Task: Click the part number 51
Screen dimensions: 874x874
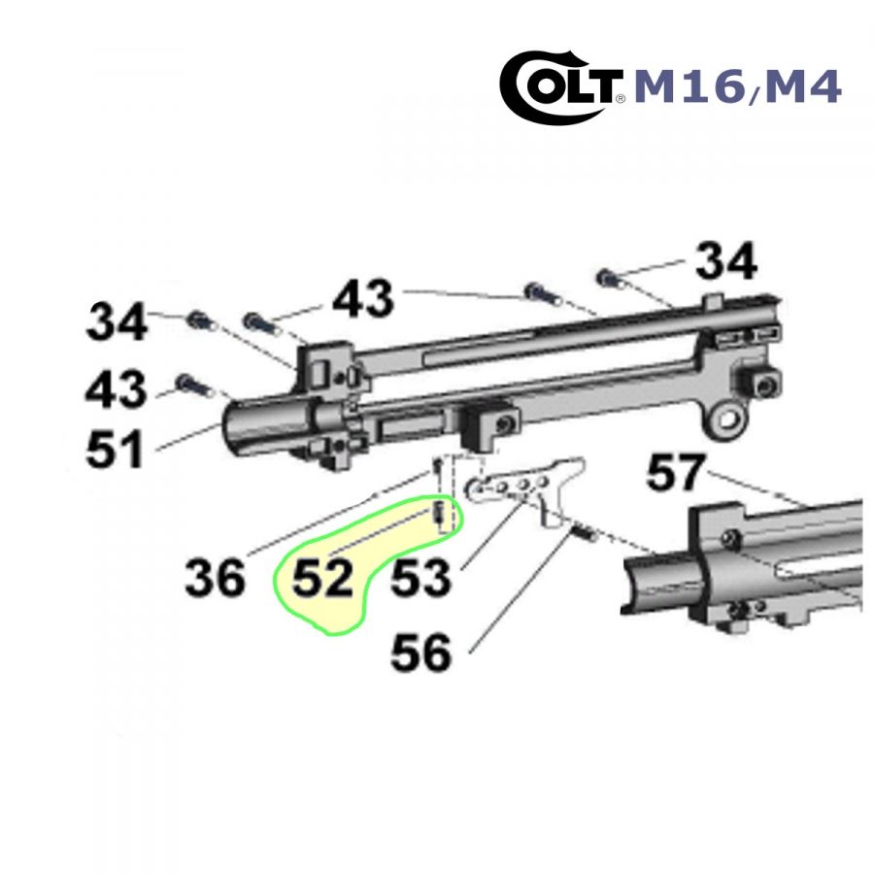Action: click(x=116, y=450)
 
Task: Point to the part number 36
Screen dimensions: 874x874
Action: click(x=216, y=578)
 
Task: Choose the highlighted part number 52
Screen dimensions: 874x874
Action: click(x=322, y=578)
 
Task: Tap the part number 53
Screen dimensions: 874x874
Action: click(x=420, y=578)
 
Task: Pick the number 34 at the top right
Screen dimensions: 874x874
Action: click(x=726, y=260)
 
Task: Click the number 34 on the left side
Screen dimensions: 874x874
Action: click(x=118, y=321)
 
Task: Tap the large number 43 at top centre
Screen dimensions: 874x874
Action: click(x=363, y=298)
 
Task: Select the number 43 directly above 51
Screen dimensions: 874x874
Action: click(x=116, y=388)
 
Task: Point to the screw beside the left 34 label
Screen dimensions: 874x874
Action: click(x=199, y=320)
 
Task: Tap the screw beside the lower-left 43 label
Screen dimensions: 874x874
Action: click(x=191, y=385)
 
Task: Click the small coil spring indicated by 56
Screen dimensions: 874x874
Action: click(x=585, y=534)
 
